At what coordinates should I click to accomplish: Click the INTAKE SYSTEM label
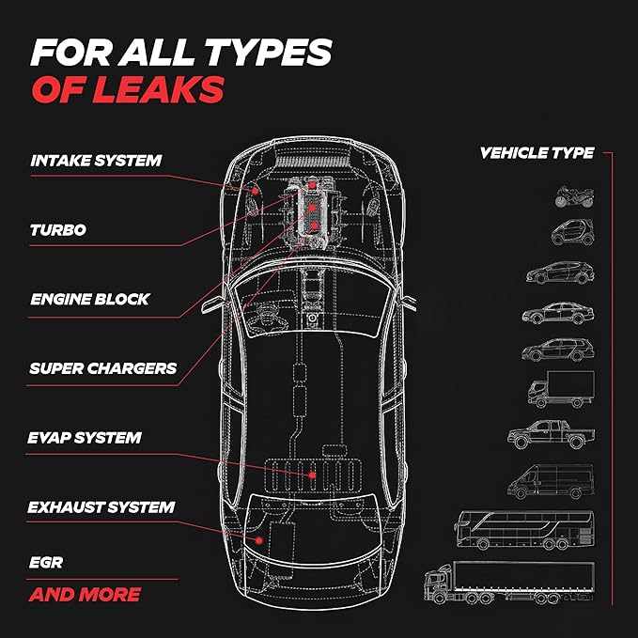coord(96,161)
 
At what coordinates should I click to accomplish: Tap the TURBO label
coord(58,230)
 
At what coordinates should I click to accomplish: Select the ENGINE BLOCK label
coord(90,299)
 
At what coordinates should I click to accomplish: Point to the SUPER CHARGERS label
coord(103,368)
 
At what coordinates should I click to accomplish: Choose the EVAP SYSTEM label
coord(85,438)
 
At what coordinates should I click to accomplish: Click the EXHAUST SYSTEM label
coord(101,507)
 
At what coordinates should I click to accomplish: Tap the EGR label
coord(46,563)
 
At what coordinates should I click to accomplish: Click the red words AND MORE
coord(86,595)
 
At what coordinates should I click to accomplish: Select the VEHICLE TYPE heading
coord(537,153)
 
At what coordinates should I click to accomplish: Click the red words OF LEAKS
coord(128,89)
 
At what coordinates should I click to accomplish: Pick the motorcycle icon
coord(574,197)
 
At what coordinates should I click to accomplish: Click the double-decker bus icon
coord(524,530)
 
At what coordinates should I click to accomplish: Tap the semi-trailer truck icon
coord(509,583)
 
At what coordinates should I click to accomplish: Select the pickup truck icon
coord(551,434)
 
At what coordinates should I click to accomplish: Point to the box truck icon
coord(561,389)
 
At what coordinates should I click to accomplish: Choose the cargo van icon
coord(551,481)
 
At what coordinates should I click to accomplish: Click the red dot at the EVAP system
coord(312,475)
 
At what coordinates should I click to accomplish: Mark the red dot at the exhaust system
coord(258,540)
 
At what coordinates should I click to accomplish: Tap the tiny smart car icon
coord(572,232)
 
